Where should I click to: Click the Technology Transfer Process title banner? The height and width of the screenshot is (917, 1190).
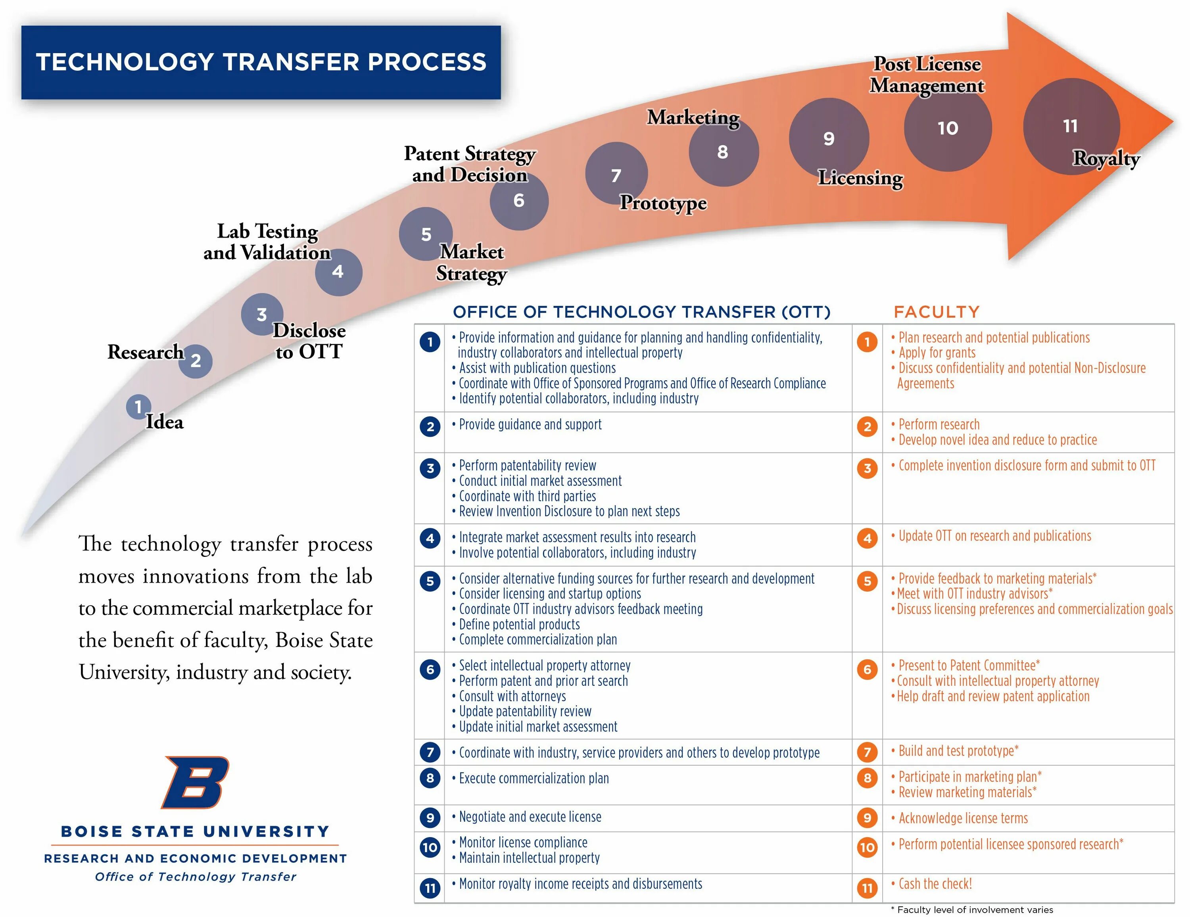261,62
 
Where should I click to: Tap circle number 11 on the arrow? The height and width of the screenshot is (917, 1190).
1071,127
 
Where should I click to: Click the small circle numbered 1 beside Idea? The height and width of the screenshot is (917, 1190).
138,407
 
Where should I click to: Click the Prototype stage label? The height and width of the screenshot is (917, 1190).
663,203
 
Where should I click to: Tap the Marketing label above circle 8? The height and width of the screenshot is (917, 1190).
693,117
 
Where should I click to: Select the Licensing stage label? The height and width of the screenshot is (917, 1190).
860,178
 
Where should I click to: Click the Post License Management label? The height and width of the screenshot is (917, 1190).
927,75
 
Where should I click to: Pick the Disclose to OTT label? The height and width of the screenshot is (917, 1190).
309,341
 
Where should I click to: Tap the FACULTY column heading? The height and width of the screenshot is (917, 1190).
936,312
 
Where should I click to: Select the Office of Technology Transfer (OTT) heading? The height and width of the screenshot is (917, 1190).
641,312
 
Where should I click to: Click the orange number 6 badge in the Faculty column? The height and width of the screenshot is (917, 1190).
867,669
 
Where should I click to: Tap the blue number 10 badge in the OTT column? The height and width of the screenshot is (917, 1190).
430,847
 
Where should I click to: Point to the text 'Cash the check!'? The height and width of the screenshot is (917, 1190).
935,884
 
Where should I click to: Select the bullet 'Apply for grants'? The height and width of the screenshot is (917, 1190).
937,353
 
